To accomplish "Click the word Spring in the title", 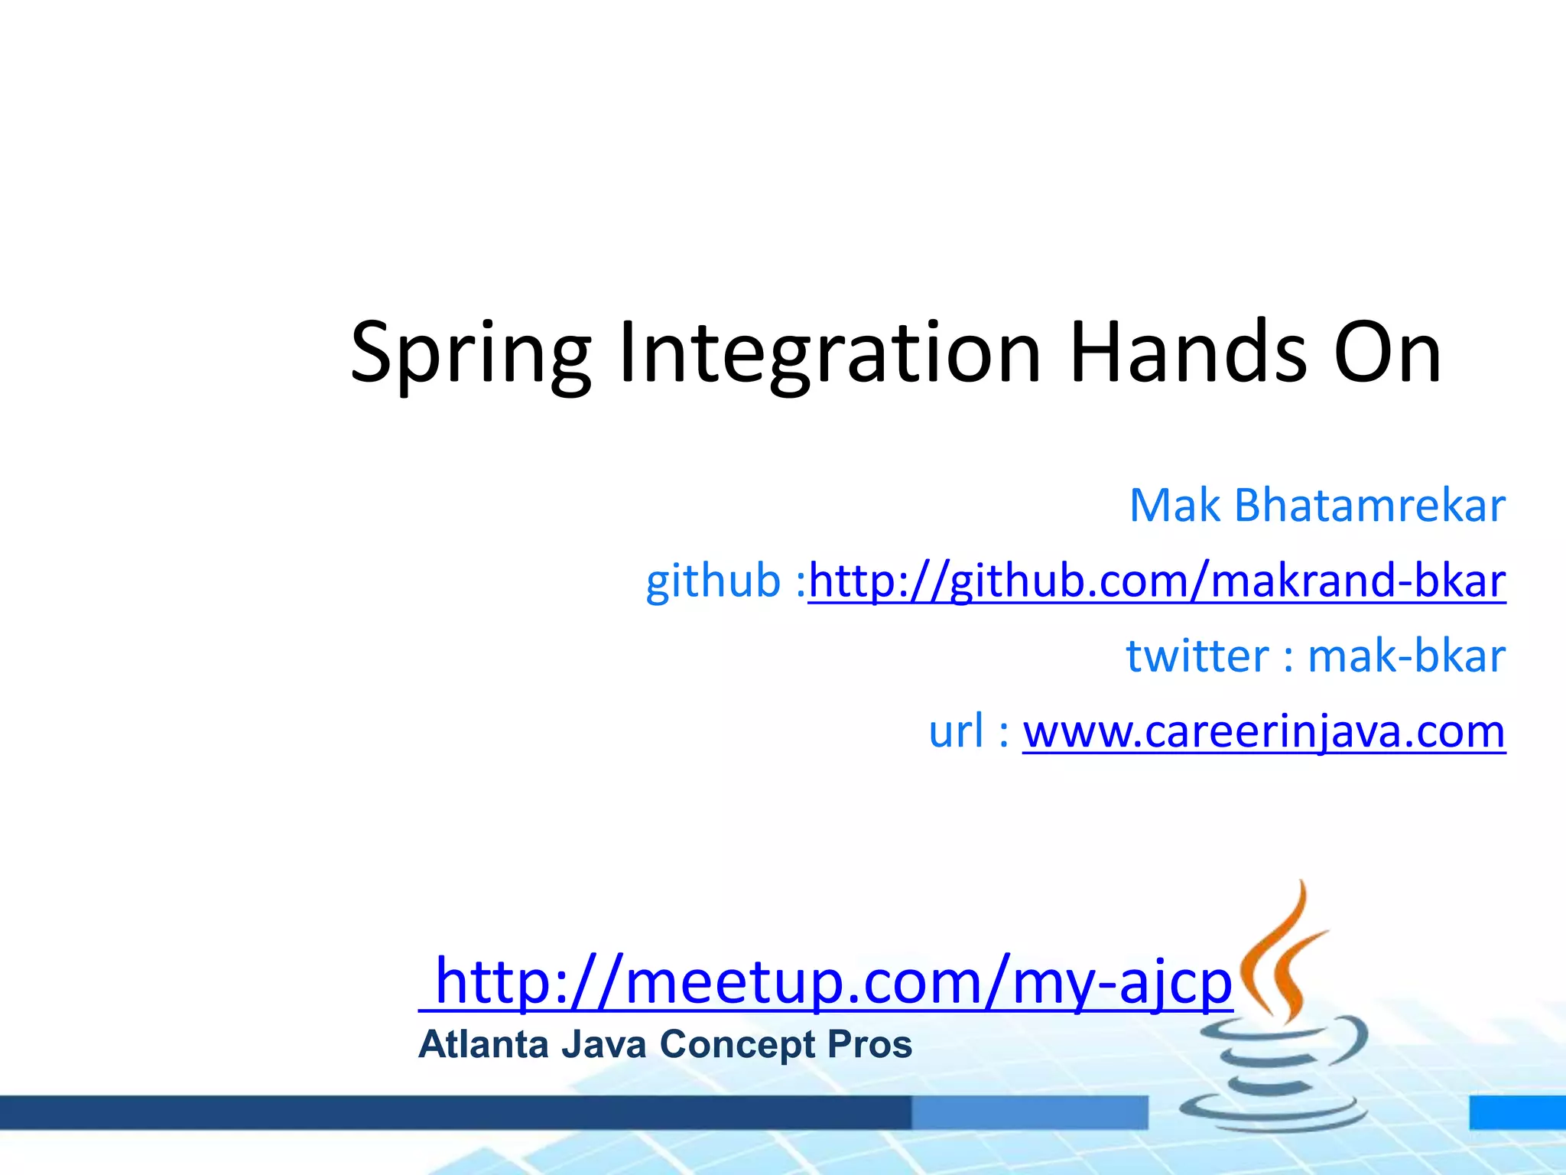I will [470, 353].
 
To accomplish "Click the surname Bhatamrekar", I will [1369, 506].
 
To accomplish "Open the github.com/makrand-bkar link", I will [1157, 581].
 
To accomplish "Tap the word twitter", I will [1197, 656].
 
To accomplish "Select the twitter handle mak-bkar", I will [1406, 656].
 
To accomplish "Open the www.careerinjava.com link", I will [1264, 731].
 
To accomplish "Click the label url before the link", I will [956, 731].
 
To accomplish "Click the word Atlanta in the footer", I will [483, 1045].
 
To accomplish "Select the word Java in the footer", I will [604, 1045].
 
